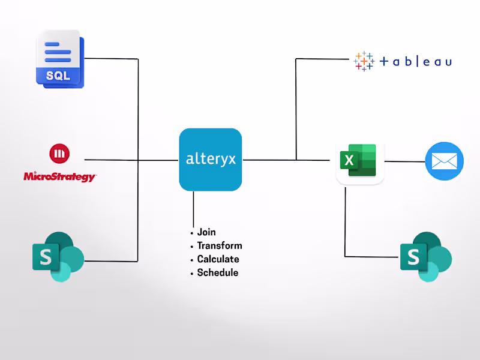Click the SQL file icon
pyautogui.click(x=60, y=58)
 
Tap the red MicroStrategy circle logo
pyautogui.click(x=58, y=154)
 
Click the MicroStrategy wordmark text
pyautogui.click(x=59, y=176)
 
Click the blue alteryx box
pyautogui.click(x=210, y=160)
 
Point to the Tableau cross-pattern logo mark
pyautogui.click(x=364, y=61)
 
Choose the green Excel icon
pyautogui.click(x=358, y=161)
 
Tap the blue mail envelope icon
pyautogui.click(x=444, y=161)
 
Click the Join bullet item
pyautogui.click(x=206, y=232)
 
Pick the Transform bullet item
pyautogui.click(x=220, y=245)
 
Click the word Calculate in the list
pyautogui.click(x=218, y=259)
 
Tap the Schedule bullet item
pyautogui.click(x=217, y=272)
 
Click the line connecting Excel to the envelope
pyautogui.click(x=404, y=161)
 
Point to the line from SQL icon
pyautogui.click(x=111, y=59)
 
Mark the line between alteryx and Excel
pyautogui.click(x=270, y=160)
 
